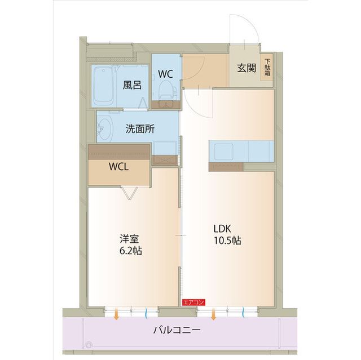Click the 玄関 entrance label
point(246,69)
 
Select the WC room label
point(165,74)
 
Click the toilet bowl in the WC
point(165,90)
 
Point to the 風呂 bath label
point(132,85)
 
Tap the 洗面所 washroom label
point(140,128)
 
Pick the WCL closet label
point(119,167)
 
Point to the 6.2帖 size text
point(131,250)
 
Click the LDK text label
point(222,229)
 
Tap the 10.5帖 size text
point(227,241)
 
